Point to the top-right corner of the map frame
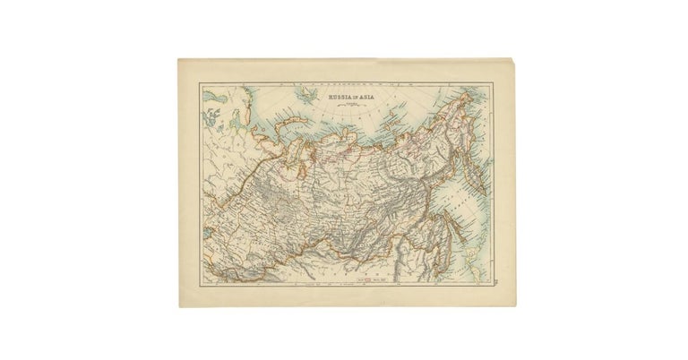(x=490, y=84)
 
